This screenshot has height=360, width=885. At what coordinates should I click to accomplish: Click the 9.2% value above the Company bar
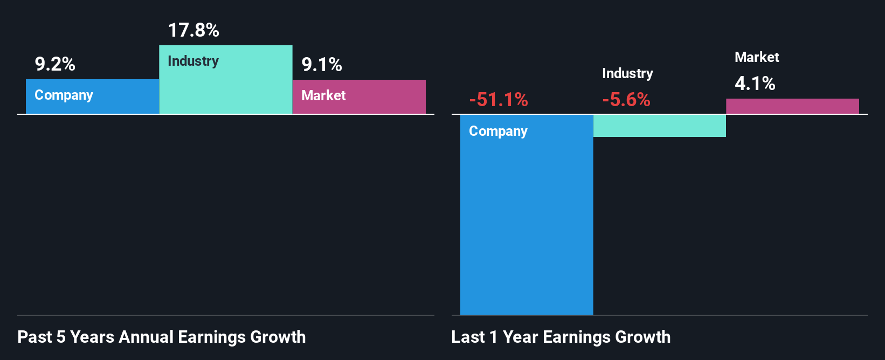click(55, 64)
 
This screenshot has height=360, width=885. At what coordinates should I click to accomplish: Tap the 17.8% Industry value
click(193, 30)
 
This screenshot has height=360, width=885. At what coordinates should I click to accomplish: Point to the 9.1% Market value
click(322, 65)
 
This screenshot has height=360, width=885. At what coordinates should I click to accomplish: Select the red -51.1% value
click(499, 100)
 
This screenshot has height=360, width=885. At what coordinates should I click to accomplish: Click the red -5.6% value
click(626, 100)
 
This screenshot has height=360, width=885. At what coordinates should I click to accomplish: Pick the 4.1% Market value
click(755, 84)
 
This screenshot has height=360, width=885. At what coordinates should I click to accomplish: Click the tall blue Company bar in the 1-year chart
click(527, 226)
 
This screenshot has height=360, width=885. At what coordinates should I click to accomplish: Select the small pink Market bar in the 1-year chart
click(792, 106)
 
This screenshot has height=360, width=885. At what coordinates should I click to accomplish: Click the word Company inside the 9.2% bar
click(64, 95)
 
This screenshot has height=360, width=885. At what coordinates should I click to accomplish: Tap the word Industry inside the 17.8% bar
click(193, 61)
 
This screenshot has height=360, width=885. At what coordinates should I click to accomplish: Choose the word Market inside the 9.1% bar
click(323, 96)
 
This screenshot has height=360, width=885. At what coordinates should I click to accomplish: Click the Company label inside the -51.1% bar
click(498, 131)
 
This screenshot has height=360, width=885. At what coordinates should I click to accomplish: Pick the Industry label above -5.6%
click(627, 73)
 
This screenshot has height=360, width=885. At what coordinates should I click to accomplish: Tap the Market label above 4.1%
click(757, 57)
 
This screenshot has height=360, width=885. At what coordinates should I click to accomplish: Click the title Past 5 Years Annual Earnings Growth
click(161, 337)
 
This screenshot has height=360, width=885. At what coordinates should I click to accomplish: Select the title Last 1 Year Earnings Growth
click(561, 337)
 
